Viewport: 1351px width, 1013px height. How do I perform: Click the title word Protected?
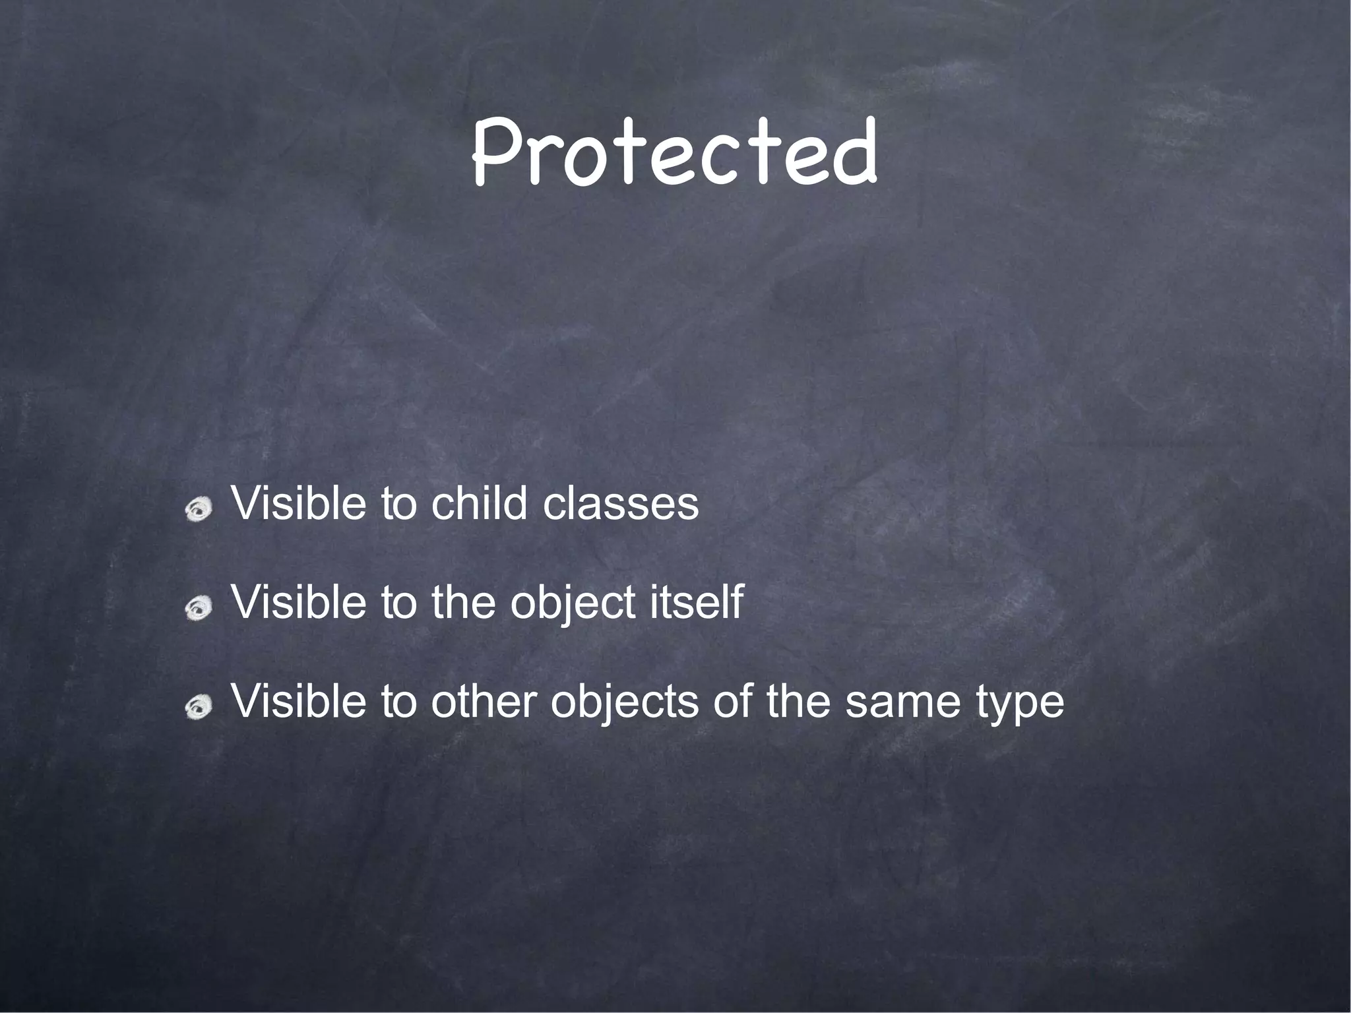(674, 154)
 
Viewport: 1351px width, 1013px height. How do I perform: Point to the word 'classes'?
(620, 504)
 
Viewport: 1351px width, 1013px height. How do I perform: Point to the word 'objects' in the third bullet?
(624, 703)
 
